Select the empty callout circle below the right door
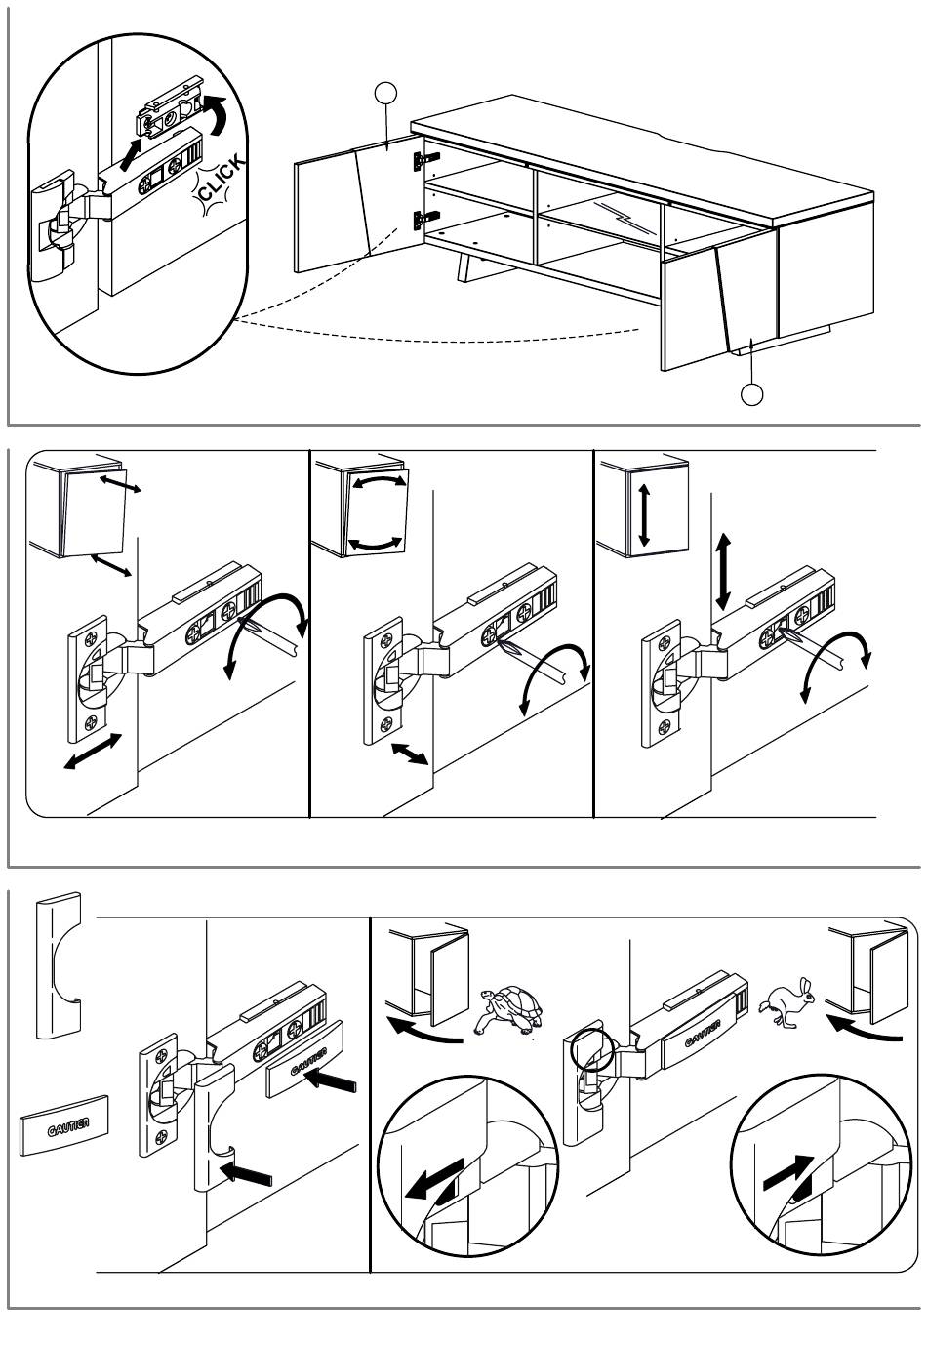pyautogui.click(x=751, y=393)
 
